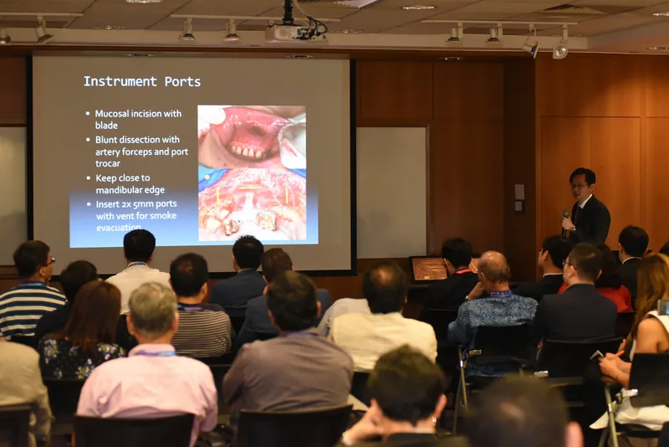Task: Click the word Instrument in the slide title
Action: pos(120,81)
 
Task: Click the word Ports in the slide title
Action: pos(182,81)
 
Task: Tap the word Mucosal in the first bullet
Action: pos(111,114)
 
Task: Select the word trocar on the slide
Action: pos(108,163)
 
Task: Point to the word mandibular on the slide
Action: pos(118,190)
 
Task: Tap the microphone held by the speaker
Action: pos(565,221)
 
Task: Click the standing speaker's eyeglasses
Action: pos(578,186)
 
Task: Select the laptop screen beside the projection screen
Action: pos(429,269)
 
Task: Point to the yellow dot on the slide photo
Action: pos(207,177)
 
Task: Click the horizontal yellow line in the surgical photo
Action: pos(250,188)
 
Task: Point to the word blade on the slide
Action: pos(106,126)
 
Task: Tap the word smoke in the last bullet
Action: pos(163,216)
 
